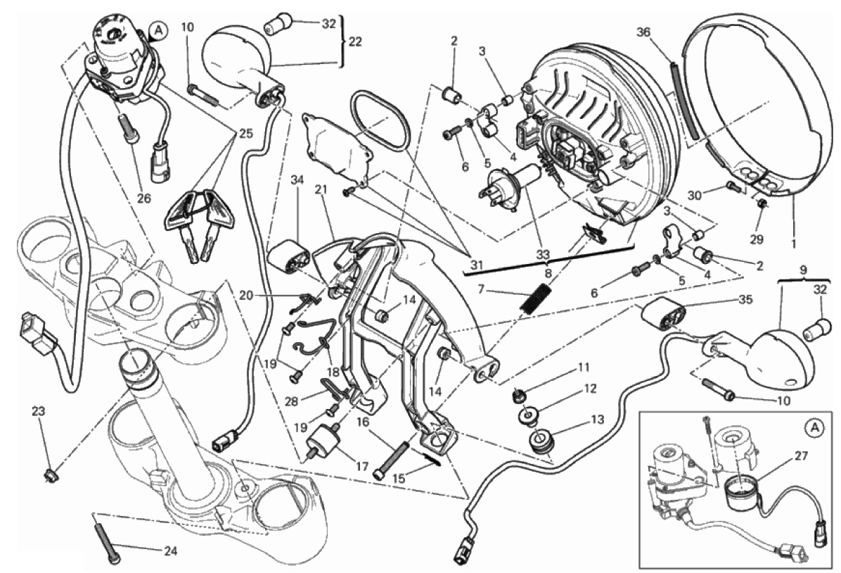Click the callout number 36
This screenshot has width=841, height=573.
[643, 32]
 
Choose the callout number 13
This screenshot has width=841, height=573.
[597, 420]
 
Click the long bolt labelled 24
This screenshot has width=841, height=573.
[105, 539]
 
